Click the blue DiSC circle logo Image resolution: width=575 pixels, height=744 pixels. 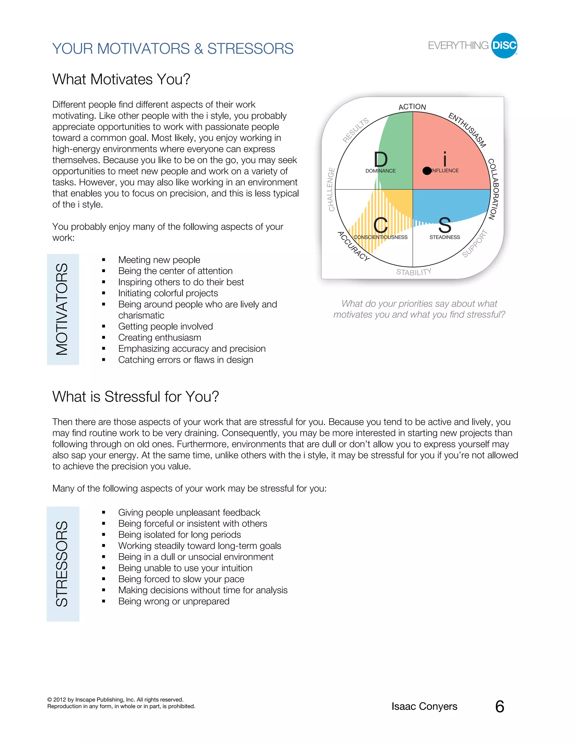point(504,46)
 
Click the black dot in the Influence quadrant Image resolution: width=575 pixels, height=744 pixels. point(426,171)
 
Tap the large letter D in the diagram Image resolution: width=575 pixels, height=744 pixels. point(380,159)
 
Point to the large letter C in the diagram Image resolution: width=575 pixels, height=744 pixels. point(380,225)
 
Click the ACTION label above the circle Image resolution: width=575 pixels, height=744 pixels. point(412,107)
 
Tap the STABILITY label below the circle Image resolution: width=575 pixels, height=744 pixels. point(414,272)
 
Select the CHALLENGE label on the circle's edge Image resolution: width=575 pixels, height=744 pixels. point(331,190)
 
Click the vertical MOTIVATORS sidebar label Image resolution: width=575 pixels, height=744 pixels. point(62,309)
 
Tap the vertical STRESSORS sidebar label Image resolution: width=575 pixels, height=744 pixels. point(62,564)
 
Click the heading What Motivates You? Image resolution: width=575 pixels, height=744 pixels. point(121,79)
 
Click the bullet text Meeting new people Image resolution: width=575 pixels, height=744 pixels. point(159,260)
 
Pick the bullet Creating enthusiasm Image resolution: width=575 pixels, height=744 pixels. point(159,337)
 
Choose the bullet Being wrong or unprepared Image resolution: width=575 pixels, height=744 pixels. point(174,601)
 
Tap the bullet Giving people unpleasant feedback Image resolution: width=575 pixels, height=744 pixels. point(189,512)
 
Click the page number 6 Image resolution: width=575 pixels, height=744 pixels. point(499,707)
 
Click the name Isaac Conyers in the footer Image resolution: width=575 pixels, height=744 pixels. point(424,707)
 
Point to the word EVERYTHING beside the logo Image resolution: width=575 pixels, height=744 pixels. point(458,46)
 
